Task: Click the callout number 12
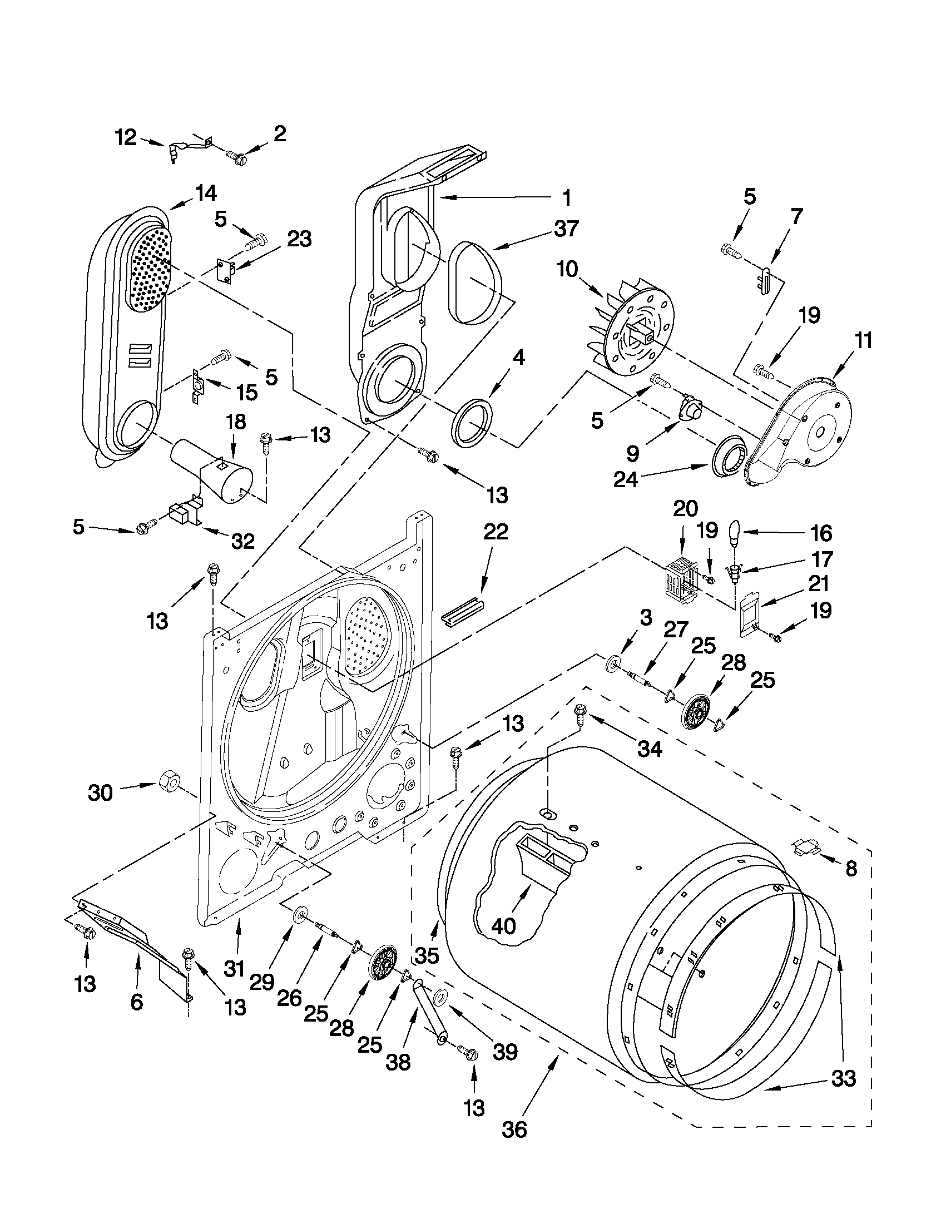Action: coord(126,137)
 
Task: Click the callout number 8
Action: coord(851,869)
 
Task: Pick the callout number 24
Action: coord(626,480)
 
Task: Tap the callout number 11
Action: coord(864,341)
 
